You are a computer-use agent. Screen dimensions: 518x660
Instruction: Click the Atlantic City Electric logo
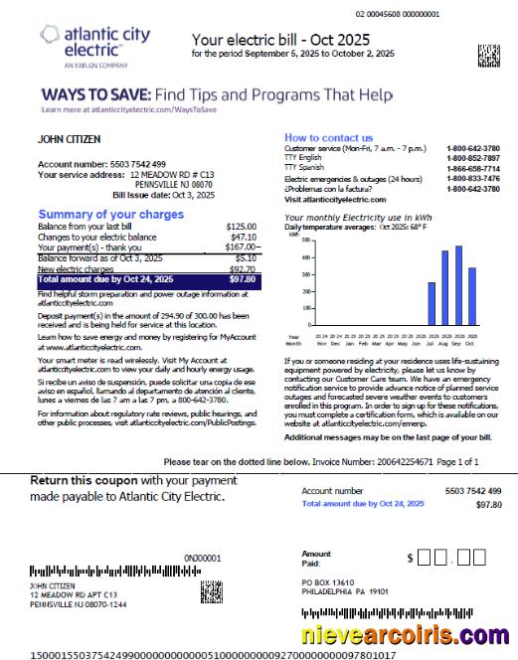click(x=95, y=46)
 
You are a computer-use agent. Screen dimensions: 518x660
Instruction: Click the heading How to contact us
click(x=328, y=138)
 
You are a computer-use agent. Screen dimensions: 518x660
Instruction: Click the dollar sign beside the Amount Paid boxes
click(x=409, y=560)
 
